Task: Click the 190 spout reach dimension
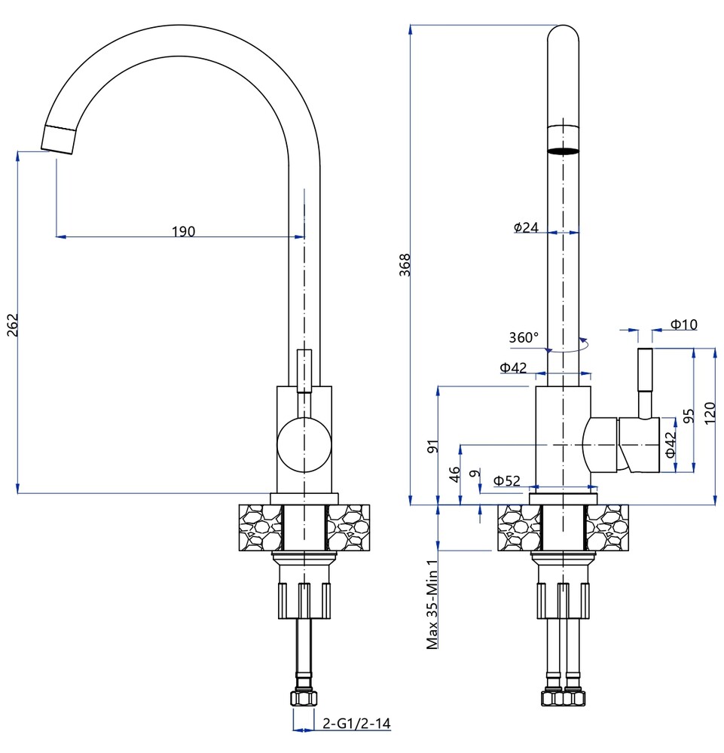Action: pos(182,231)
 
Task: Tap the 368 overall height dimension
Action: pos(405,265)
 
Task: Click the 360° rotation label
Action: pos(524,337)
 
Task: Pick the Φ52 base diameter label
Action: pos(508,480)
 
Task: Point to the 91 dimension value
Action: pos(432,446)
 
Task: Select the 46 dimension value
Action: pos(454,474)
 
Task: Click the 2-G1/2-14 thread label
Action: pos(356,724)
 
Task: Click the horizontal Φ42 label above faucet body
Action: pos(514,367)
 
